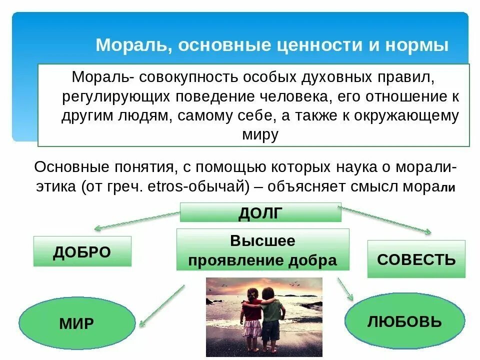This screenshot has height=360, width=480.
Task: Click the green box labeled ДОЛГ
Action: [x=260, y=212]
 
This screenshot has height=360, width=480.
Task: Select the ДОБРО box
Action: [x=82, y=251]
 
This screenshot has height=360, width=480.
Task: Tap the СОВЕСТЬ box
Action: [x=416, y=259]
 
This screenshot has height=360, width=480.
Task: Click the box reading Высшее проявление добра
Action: [x=262, y=250]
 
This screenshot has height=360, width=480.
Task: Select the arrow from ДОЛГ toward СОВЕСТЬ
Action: [x=385, y=219]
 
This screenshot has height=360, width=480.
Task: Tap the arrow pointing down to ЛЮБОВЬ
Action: [x=345, y=289]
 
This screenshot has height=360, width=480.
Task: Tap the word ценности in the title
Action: [x=317, y=45]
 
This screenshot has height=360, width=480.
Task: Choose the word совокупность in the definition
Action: [x=189, y=77]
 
